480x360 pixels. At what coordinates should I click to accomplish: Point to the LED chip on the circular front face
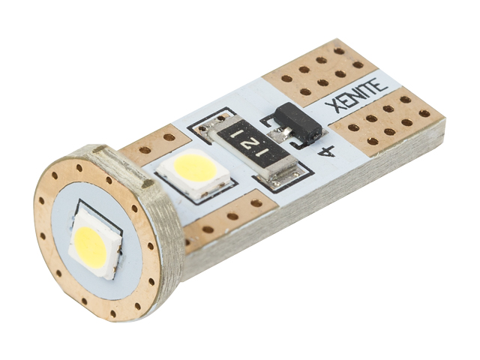tap(97, 244)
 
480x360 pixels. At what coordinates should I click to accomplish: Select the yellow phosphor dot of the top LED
tap(194, 168)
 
